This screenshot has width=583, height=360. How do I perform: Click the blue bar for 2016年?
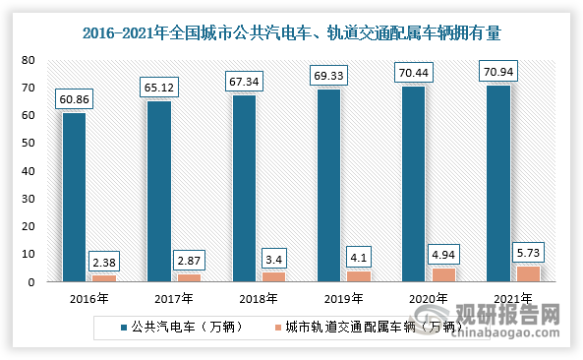(x=74, y=197)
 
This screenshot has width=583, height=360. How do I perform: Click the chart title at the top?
(x=291, y=31)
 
